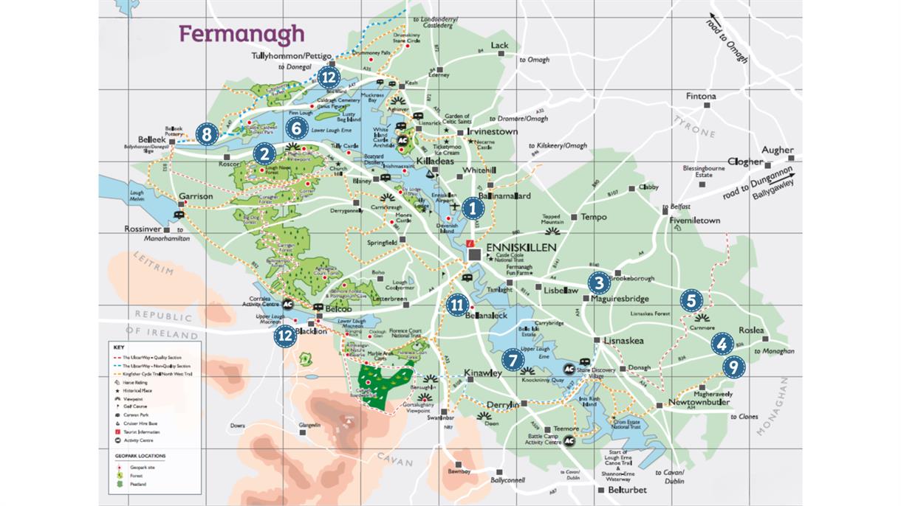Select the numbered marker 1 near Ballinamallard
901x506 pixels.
coord(473,209)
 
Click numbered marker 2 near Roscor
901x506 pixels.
coord(264,153)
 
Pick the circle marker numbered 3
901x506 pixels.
coord(599,282)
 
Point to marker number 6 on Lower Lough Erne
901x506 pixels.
coord(296,128)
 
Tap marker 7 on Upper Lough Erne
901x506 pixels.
coord(512,359)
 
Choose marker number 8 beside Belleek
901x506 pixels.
coord(207,134)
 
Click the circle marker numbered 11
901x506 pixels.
coord(457,304)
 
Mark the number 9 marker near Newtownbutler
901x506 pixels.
coord(733,367)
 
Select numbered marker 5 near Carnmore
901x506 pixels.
coord(691,300)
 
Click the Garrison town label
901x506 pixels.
coord(196,197)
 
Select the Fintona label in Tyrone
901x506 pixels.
coord(701,96)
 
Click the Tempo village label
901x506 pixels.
coord(594,217)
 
